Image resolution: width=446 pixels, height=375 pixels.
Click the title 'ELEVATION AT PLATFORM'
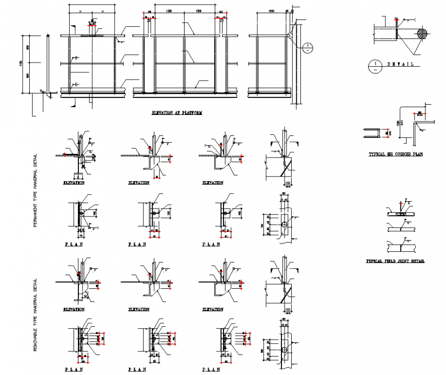176,112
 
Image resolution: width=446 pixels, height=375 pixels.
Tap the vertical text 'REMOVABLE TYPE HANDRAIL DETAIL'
35,315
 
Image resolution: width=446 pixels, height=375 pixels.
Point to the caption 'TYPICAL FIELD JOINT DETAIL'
395,261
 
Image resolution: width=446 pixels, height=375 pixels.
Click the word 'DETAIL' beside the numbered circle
400,65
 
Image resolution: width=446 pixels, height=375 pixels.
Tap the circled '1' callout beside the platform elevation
307,48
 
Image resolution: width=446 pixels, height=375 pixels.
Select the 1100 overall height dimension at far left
22,64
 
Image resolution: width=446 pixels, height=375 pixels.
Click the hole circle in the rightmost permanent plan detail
284,225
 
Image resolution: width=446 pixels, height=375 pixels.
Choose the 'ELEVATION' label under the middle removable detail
138,309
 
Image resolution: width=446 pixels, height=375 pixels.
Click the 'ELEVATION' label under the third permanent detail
212,183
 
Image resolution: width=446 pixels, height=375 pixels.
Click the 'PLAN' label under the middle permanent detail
137,245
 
